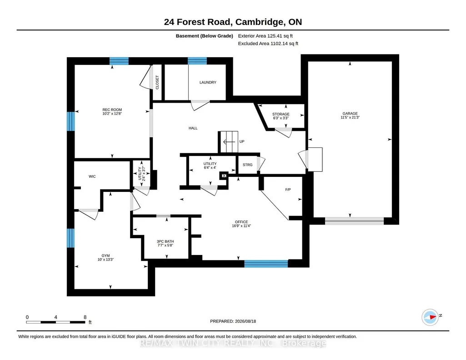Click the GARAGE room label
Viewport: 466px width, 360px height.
tap(350, 114)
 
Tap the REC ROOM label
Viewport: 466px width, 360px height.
tap(112, 110)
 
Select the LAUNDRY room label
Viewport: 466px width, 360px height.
tap(208, 82)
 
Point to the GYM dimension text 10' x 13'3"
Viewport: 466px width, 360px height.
tap(105, 260)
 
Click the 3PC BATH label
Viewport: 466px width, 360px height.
tap(165, 241)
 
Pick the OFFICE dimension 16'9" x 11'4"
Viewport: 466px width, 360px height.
tap(241, 226)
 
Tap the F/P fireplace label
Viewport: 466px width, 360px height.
tap(288, 190)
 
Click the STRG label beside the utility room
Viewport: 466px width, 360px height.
tap(248, 165)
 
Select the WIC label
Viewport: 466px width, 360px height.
tap(92, 176)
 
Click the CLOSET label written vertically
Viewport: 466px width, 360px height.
tap(157, 82)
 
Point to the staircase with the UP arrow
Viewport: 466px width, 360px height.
tap(229, 142)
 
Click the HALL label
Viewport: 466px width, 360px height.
tap(193, 128)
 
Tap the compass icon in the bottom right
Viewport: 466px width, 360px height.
tap(430, 317)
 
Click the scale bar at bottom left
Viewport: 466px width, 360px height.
tap(55, 322)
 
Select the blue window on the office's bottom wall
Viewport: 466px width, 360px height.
tap(266, 264)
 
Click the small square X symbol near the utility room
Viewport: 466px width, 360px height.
tap(224, 176)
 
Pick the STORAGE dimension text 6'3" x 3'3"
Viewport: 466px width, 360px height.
tap(281, 118)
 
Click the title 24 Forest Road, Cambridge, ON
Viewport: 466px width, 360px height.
tap(233, 22)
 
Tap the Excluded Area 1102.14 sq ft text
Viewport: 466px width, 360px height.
tap(268, 43)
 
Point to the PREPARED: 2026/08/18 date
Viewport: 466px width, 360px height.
tap(233, 321)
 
